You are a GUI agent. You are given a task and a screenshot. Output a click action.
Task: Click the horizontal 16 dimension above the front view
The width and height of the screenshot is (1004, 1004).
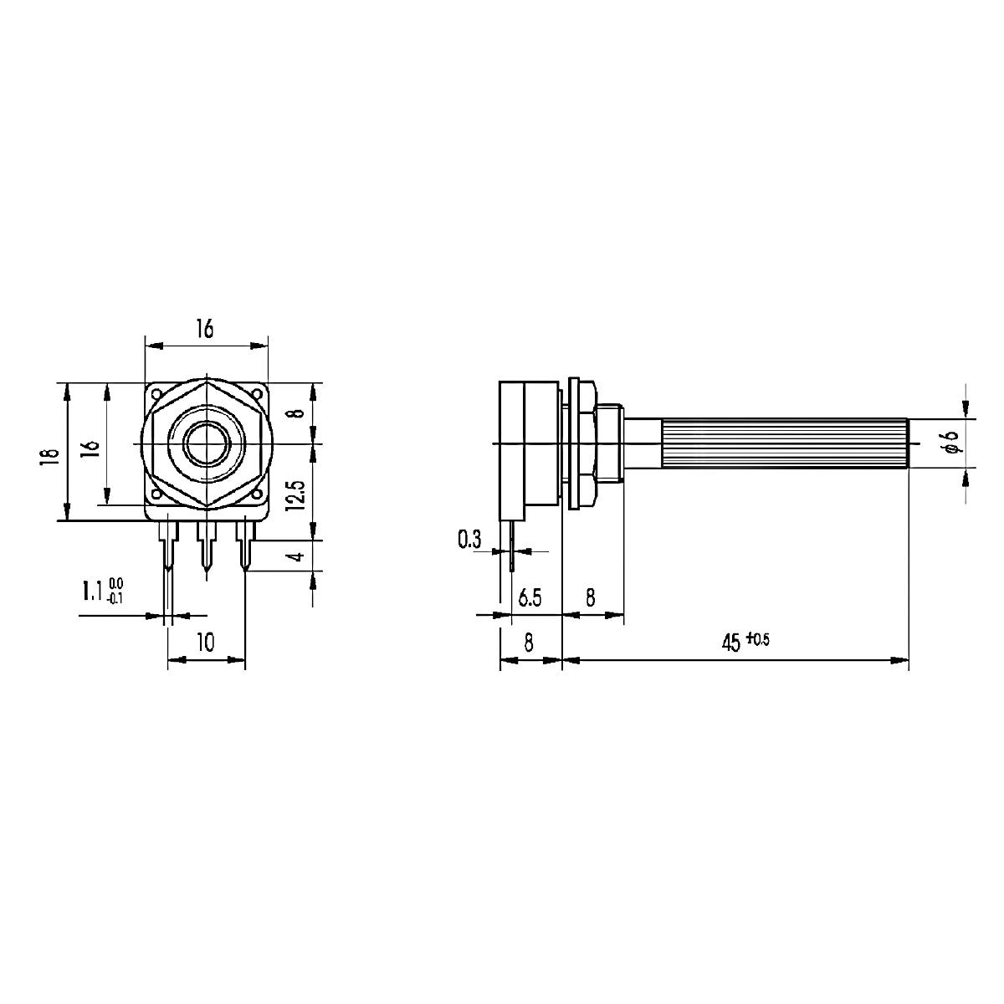pyautogui.click(x=205, y=329)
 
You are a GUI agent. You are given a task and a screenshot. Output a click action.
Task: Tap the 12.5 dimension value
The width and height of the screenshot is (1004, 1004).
pyautogui.click(x=295, y=495)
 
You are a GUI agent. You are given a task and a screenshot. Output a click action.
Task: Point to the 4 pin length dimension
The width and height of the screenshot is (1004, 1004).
pyautogui.click(x=297, y=556)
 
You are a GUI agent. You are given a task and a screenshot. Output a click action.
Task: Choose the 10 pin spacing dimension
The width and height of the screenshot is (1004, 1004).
pyautogui.click(x=205, y=643)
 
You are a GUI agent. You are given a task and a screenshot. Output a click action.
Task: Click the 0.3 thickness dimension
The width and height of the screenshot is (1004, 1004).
pyautogui.click(x=469, y=540)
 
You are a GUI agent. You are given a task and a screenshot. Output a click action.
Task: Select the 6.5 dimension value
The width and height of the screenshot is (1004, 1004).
pyautogui.click(x=530, y=597)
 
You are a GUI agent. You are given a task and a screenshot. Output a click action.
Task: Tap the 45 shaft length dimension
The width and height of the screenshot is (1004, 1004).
pyautogui.click(x=731, y=643)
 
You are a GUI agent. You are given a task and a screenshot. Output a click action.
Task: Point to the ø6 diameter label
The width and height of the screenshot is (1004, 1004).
pyautogui.click(x=951, y=443)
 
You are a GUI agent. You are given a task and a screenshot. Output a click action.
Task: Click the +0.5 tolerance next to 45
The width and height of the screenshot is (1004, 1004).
pyautogui.click(x=757, y=638)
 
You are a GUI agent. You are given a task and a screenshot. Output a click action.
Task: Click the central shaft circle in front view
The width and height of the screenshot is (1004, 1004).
pyautogui.click(x=207, y=443)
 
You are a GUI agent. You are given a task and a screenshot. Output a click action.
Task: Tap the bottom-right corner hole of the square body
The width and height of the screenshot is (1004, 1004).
pyautogui.click(x=257, y=493)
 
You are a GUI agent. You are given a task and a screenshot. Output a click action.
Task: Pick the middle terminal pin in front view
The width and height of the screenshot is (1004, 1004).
pyautogui.click(x=207, y=546)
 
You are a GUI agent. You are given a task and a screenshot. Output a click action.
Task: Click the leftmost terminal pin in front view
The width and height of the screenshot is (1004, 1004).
pyautogui.click(x=168, y=546)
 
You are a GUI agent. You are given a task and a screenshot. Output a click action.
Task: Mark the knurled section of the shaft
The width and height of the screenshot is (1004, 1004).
pyautogui.click(x=785, y=443)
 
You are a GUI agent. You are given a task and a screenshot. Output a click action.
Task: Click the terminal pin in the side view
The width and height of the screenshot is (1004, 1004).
pyautogui.click(x=512, y=546)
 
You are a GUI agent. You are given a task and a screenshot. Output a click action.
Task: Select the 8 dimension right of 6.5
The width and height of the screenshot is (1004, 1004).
pyautogui.click(x=590, y=597)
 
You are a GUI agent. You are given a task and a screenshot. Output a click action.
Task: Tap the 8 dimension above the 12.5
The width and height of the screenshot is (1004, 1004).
pyautogui.click(x=297, y=413)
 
